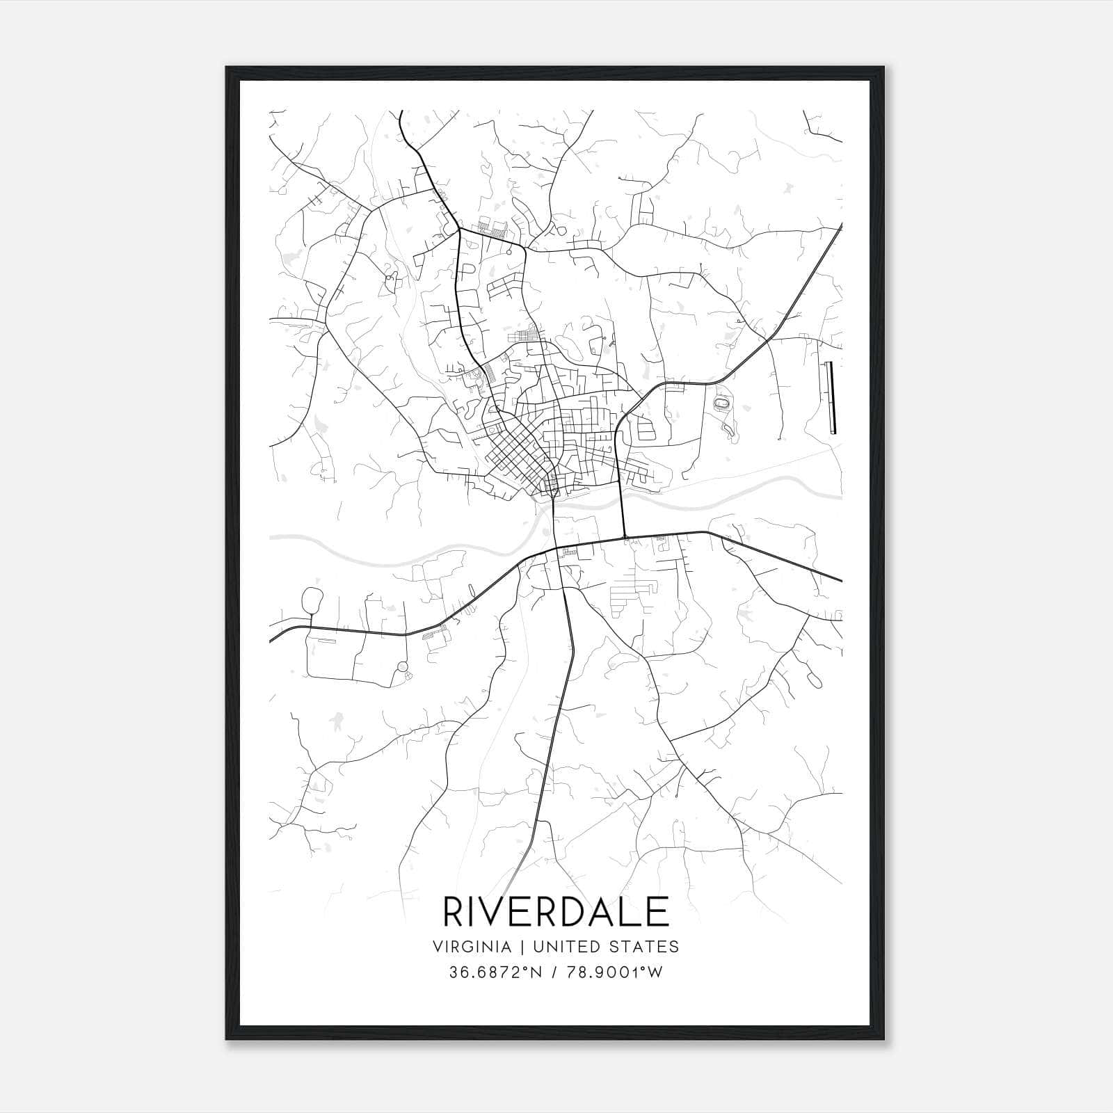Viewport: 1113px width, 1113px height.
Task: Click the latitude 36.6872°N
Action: [496, 972]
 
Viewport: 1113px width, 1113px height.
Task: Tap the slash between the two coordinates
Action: [556, 972]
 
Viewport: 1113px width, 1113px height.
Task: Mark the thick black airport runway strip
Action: [831, 398]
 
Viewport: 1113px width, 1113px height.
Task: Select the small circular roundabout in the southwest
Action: [402, 666]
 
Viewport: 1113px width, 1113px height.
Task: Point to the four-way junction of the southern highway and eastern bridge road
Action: [625, 537]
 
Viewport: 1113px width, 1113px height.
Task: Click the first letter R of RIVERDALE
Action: [454, 912]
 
